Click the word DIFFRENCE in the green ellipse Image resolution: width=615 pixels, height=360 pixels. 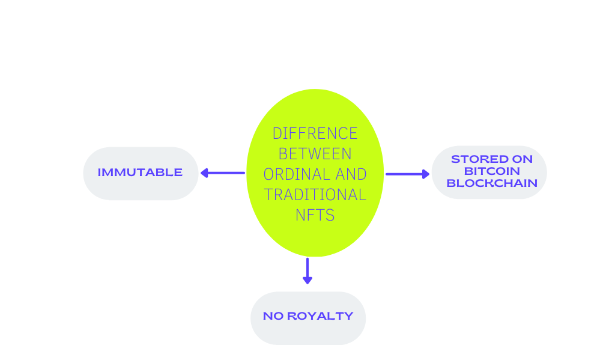(x=315, y=133)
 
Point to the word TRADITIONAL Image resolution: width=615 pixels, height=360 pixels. (x=315, y=195)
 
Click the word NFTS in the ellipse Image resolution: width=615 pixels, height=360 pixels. (x=315, y=215)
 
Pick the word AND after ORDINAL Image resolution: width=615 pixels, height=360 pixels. (x=351, y=174)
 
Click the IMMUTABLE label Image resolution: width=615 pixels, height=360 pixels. (x=140, y=172)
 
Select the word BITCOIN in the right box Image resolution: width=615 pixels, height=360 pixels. (x=489, y=171)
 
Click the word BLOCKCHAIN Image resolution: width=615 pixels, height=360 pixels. (x=492, y=183)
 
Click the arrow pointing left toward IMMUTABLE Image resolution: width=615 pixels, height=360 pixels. (x=223, y=173)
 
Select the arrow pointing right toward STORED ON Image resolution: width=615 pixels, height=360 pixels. (x=407, y=174)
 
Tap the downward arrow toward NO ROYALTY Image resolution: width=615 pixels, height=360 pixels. (x=307, y=270)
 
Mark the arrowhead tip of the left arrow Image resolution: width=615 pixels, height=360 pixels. (x=201, y=173)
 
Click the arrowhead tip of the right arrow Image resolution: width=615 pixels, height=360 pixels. (x=429, y=174)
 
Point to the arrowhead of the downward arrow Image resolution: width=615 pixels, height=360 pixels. (x=307, y=281)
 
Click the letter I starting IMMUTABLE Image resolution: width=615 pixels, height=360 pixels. (x=100, y=172)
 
